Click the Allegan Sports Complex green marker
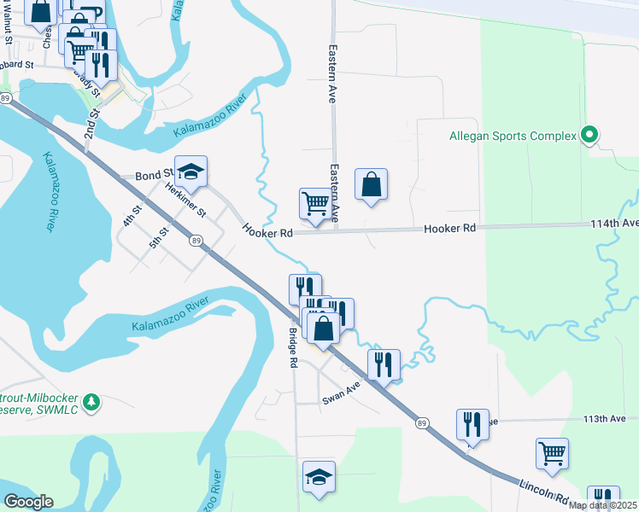pos(589,135)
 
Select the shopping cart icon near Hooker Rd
pos(315,205)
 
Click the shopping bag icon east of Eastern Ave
pos(371,185)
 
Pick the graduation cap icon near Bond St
pos(191,172)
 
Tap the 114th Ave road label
pos(613,224)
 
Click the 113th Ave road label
pos(612,419)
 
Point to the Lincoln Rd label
pos(544,487)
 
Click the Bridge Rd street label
pos(292,348)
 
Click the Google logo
pos(28,502)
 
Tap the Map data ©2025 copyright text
pos(603,506)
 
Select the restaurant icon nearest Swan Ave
pos(384,364)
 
